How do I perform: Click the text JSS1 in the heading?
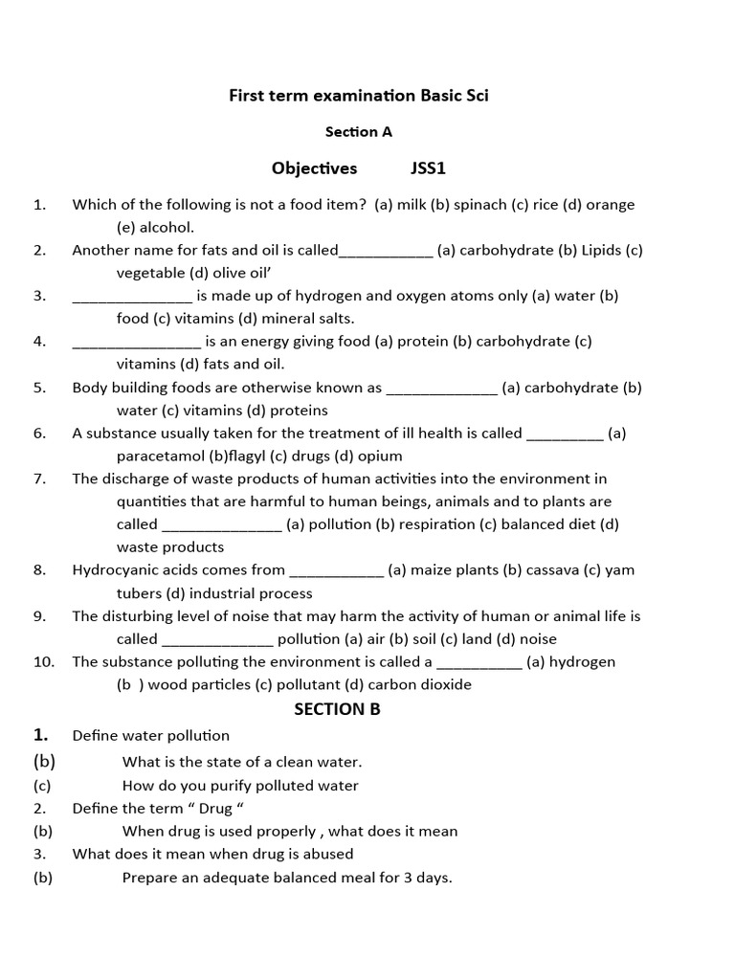coord(429,168)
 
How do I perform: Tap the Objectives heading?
coord(314,168)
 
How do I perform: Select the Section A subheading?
coord(359,132)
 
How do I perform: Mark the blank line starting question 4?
coord(136,342)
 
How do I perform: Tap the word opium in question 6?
coord(381,456)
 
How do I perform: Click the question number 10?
coord(44,661)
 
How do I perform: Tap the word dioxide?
coord(445,684)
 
